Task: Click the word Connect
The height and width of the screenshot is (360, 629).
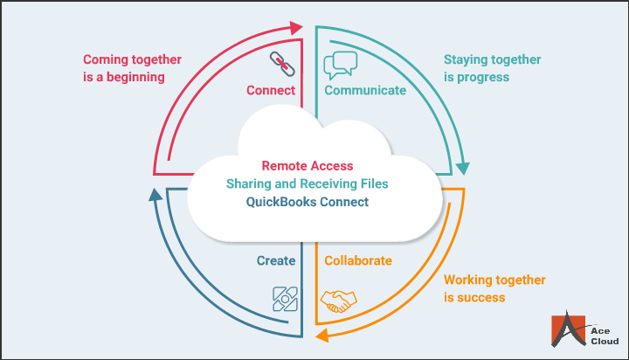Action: click(x=271, y=90)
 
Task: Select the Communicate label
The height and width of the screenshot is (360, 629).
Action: click(x=365, y=90)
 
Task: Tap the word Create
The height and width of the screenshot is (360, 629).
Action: click(x=275, y=260)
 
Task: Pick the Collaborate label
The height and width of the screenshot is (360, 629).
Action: click(x=358, y=260)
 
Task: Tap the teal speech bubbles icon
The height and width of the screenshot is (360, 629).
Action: click(x=341, y=65)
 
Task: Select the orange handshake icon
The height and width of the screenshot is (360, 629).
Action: click(x=339, y=301)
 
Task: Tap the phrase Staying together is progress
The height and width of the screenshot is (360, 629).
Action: click(x=494, y=68)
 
